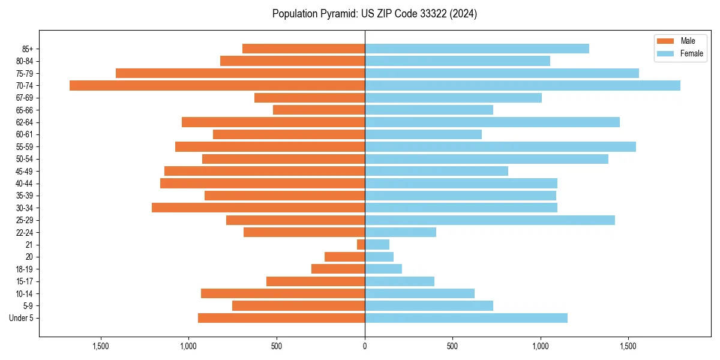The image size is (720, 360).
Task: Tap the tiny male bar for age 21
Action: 361,245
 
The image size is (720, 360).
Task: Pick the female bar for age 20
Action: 379,257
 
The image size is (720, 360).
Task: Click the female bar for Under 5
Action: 466,318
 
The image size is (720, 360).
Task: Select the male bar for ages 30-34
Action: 258,208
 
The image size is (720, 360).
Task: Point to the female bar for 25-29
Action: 490,220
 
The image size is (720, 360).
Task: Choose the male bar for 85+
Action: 304,49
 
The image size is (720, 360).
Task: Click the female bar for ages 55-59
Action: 500,146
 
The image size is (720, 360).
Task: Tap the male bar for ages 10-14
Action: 283,293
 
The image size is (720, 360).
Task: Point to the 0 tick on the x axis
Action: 365,346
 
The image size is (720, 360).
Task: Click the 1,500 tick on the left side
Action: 101,346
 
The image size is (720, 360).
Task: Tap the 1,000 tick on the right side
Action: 540,346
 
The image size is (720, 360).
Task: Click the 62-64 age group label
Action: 25,122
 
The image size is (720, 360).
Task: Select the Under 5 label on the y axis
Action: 22,318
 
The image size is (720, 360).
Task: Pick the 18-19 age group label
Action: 25,269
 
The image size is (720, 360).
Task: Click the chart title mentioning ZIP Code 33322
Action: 374,14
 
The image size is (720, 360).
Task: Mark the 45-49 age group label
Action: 25,171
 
